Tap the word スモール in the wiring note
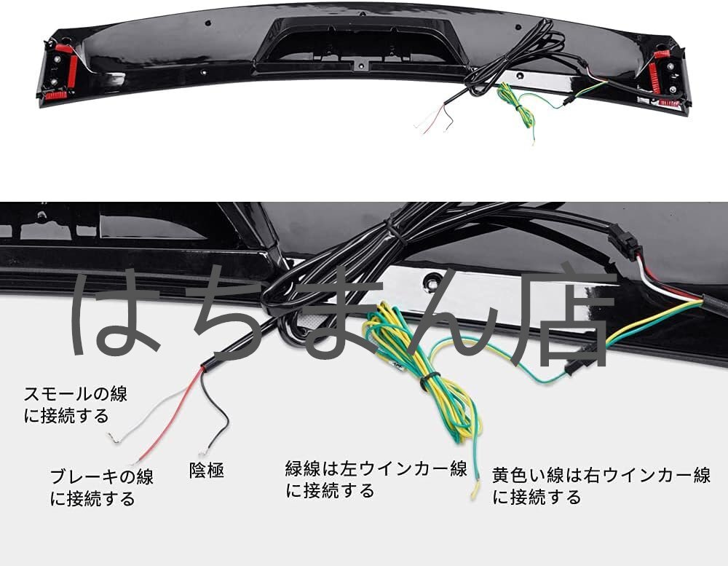coord(55,395)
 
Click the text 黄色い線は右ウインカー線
coord(601,476)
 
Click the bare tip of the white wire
coord(114,438)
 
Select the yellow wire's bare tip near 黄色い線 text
coord(471,496)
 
